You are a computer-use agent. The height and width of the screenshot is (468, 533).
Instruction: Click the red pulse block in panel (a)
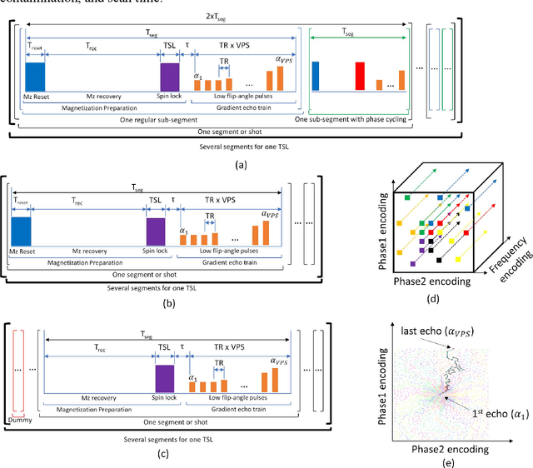(360, 77)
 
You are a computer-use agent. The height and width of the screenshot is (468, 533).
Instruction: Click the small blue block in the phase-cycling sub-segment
(316, 76)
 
